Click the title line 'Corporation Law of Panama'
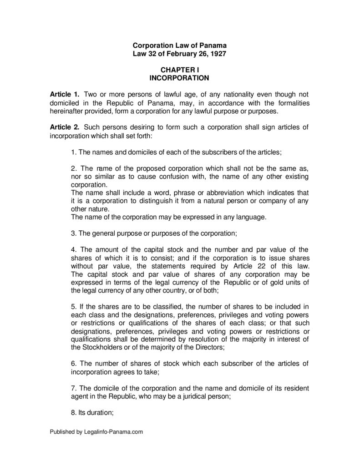point(179,46)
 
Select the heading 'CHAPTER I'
point(179,70)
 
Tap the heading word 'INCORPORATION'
point(179,78)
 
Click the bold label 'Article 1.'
point(65,94)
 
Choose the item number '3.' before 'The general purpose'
point(74,233)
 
